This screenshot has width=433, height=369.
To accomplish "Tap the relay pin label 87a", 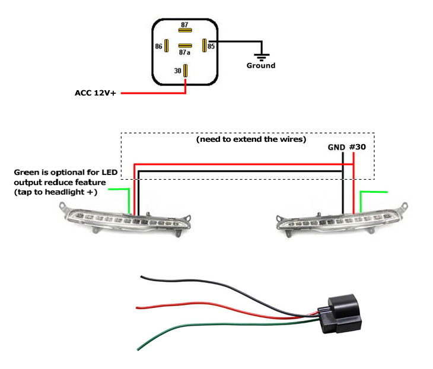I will (185, 53).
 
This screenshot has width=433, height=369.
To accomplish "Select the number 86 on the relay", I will (158, 45).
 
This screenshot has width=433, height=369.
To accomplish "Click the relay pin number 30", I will (178, 71).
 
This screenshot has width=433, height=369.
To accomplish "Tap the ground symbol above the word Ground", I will (260, 56).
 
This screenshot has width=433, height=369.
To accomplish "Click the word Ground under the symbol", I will (261, 66).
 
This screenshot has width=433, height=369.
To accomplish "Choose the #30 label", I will (358, 147).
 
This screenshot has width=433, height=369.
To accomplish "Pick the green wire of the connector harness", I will (196, 330).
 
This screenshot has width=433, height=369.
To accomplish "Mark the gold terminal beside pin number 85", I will (204, 45).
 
